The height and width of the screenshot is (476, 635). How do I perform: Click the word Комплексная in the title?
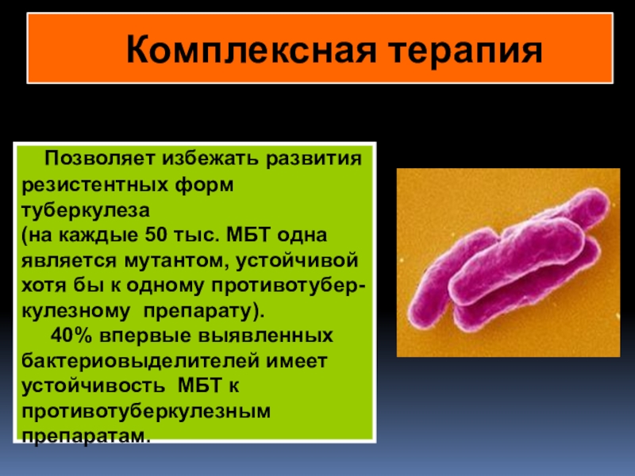coord(252,50)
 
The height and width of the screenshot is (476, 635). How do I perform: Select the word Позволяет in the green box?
coord(101,158)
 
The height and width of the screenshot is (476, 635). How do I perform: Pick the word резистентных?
coord(94,186)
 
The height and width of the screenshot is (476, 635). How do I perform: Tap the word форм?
coord(204,185)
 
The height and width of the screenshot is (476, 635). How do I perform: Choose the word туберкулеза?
coord(86,211)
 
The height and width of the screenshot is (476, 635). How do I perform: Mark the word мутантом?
coord(175,261)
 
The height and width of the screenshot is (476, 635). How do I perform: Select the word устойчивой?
coord(297,260)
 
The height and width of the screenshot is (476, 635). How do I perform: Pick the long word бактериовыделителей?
coord(140,361)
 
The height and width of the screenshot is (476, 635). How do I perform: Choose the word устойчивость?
coord(93,386)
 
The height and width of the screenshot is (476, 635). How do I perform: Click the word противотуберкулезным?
coord(146,412)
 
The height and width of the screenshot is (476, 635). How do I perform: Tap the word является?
coord(69,261)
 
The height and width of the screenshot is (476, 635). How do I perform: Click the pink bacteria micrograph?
coord(508,263)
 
